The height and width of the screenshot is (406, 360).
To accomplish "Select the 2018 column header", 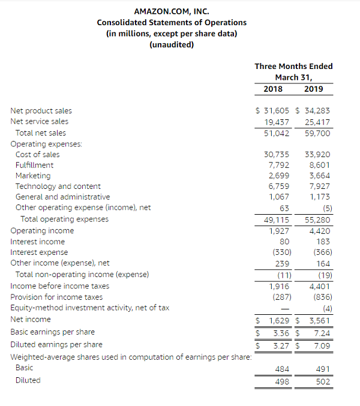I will pos(273,89).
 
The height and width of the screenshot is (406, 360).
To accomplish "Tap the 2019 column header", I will pos(313,89).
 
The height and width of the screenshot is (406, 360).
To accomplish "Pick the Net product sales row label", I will pos(41,110).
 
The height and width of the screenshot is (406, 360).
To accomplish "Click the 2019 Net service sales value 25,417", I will pos(317,121).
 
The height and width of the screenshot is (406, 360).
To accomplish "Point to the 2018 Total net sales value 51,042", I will pos(277,133).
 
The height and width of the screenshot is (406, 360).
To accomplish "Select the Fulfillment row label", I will pos(34,165).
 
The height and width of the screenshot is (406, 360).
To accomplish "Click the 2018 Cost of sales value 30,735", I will pos(277,154).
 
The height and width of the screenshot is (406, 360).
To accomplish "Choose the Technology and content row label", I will pos(58,187).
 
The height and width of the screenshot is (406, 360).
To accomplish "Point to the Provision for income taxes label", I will pos(56,297).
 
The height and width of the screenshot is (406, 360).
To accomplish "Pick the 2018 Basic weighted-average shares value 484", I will pos(283,368).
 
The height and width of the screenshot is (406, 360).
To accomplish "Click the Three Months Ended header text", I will pos(293,67).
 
